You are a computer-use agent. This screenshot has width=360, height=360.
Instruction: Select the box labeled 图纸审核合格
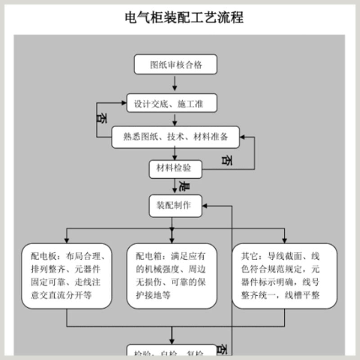pyautogui.click(x=175, y=64)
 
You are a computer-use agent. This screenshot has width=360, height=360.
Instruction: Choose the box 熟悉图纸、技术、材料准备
pyautogui.click(x=175, y=137)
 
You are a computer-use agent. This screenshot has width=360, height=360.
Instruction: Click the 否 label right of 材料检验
pyautogui.click(x=228, y=160)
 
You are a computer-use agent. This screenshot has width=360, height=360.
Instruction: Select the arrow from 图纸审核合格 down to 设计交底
pyautogui.click(x=175, y=83)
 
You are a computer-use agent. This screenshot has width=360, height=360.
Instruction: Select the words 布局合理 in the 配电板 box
pyautogui.click(x=85, y=257)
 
